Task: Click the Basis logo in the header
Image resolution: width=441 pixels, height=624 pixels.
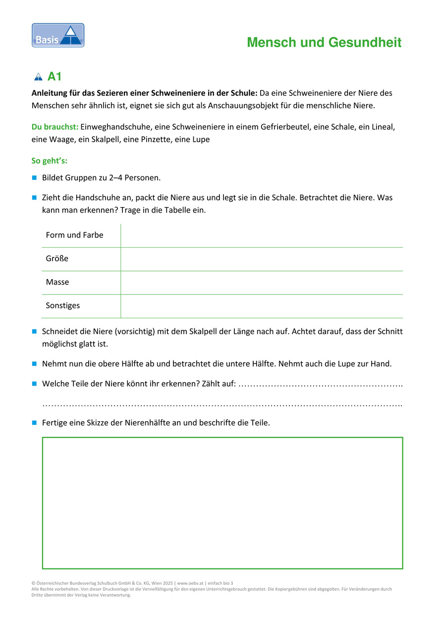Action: tap(58, 36)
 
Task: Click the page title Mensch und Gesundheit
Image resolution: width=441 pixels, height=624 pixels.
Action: tap(324, 43)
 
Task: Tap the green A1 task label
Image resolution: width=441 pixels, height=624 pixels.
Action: tap(55, 77)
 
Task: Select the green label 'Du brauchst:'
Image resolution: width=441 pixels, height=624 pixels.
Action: tap(55, 127)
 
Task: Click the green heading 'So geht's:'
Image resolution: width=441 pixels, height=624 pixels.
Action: tap(50, 161)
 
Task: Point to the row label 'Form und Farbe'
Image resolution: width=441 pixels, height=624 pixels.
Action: tap(74, 235)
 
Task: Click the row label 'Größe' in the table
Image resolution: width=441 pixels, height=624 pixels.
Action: tap(57, 259)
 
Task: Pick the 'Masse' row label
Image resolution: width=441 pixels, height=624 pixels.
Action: tap(57, 282)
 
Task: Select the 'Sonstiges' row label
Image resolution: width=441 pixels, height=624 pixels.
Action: tap(63, 306)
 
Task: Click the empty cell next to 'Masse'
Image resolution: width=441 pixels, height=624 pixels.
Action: tap(262, 283)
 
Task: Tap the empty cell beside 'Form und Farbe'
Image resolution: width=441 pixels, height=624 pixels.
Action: tap(262, 235)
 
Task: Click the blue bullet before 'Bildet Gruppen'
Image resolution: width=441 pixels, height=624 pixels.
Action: tap(35, 177)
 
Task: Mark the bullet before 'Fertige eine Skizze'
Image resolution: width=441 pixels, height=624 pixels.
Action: tap(35, 423)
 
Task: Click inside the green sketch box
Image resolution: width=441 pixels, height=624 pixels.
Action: tap(222, 503)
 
